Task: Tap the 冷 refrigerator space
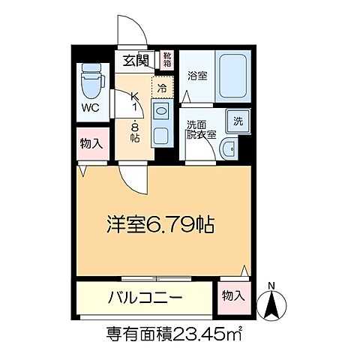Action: (x=163, y=87)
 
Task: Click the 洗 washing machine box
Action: (x=237, y=121)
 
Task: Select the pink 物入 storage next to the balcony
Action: (x=232, y=296)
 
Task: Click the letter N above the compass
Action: (x=271, y=284)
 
